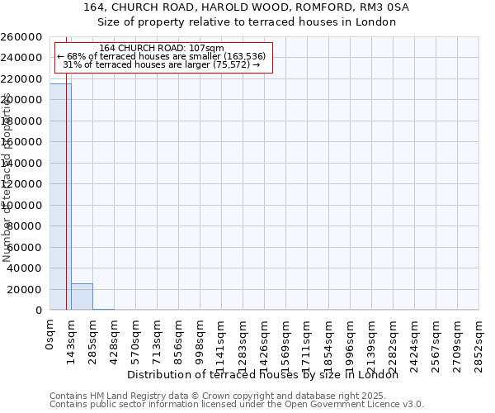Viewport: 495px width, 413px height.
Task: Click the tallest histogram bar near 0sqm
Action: pyautogui.click(x=59, y=198)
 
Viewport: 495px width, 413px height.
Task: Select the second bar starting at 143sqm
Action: pyautogui.click(x=82, y=297)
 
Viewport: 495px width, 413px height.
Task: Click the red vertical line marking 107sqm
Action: pyautogui.click(x=66, y=206)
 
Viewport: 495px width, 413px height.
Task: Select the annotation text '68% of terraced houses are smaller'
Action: pyautogui.click(x=140, y=56)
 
